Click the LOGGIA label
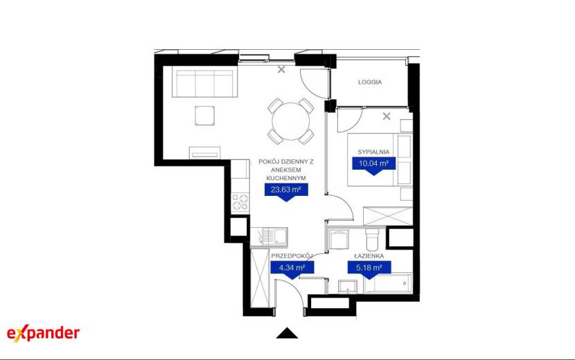coord(370,82)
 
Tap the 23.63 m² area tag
coord(286,192)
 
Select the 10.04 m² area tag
coord(373,165)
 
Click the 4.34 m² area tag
coord(292,270)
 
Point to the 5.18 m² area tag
coord(369,270)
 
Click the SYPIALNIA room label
coord(373,152)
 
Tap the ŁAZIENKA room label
coord(369,256)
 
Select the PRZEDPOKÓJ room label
coord(292,255)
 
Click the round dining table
coord(291,121)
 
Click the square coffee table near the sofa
coord(204,116)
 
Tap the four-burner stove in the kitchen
coord(240,202)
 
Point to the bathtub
coord(388,283)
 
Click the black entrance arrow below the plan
coord(287,333)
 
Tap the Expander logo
coord(43,333)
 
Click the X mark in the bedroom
coord(387,116)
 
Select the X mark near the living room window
coord(281,69)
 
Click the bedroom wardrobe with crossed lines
coord(388,216)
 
